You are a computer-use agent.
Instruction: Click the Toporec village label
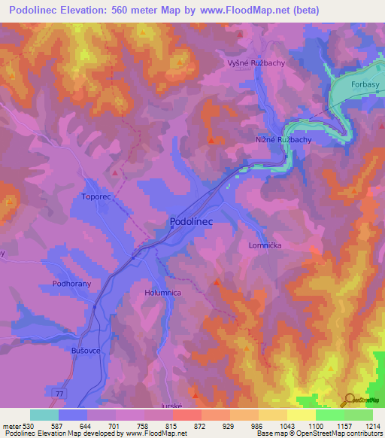point(95,196)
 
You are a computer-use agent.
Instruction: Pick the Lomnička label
point(264,245)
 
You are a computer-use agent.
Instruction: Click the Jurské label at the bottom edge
point(172,405)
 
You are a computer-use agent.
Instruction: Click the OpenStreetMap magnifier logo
point(348,400)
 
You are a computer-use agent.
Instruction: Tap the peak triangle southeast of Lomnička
point(217,282)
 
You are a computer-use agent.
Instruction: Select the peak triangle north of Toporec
point(114,172)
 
